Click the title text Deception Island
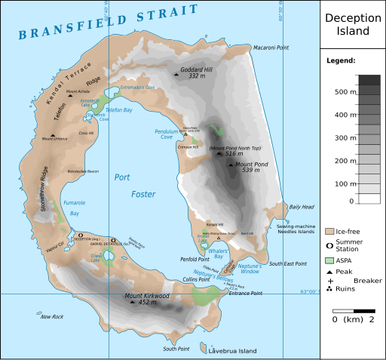354,25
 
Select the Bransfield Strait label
109,22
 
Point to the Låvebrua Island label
233,350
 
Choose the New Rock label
53,316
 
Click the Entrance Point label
246,293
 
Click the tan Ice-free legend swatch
329,231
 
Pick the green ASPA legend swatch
329,260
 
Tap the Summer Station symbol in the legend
329,245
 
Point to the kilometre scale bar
354,310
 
